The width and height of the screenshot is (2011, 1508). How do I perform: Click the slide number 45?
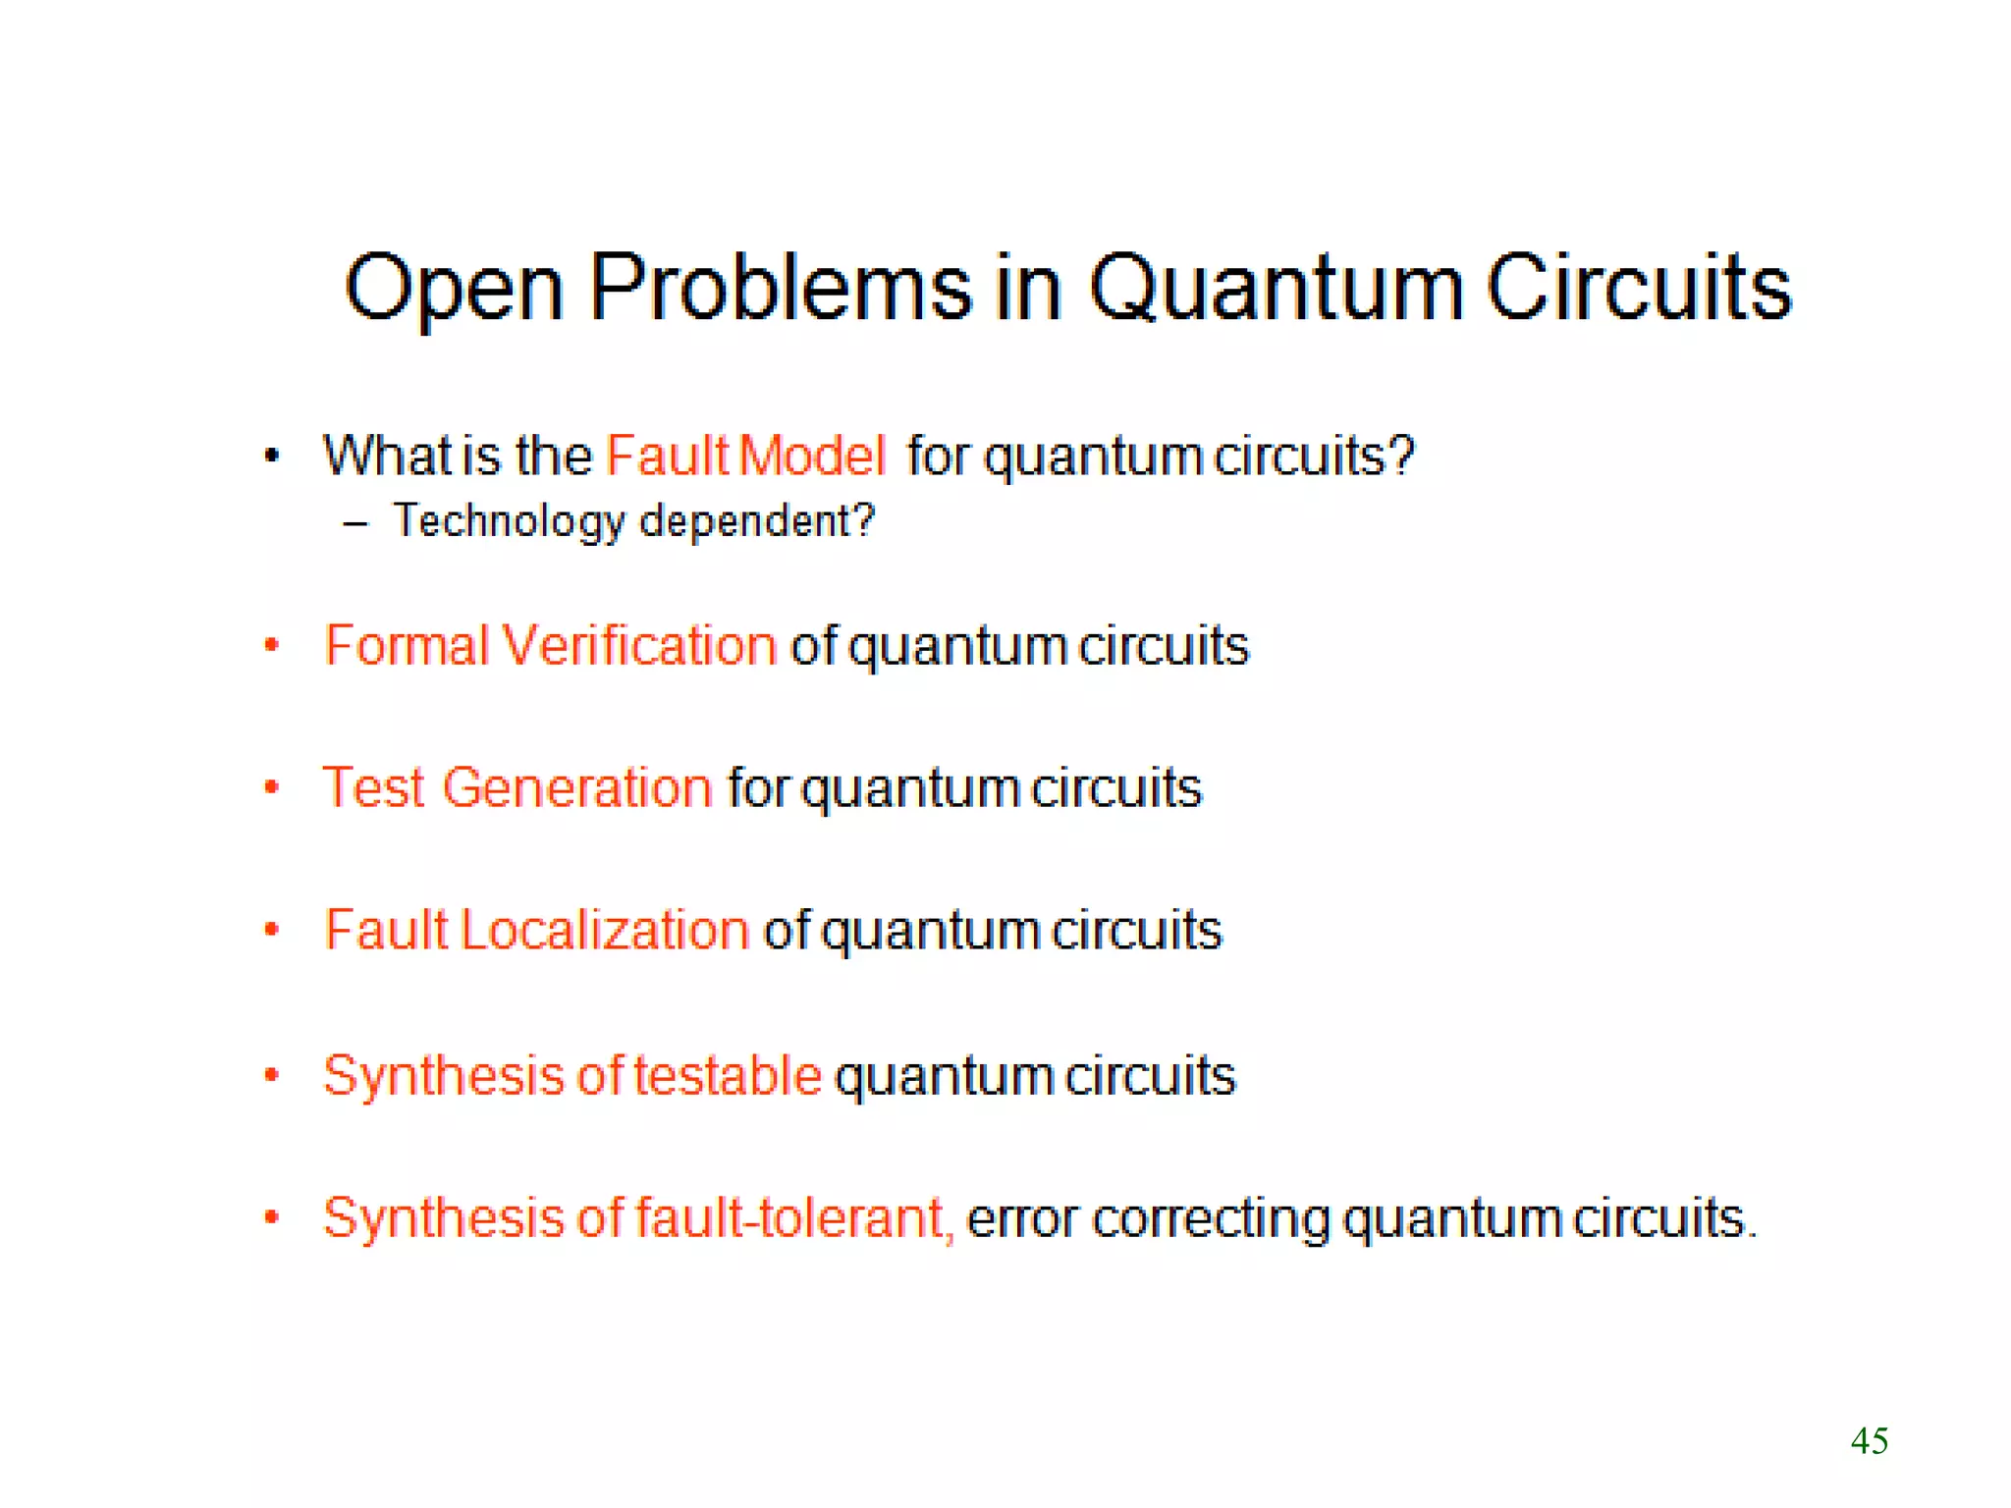[x=1869, y=1440]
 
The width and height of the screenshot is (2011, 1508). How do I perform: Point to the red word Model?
[x=812, y=456]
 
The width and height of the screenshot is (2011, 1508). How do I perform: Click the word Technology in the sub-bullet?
[x=509, y=521]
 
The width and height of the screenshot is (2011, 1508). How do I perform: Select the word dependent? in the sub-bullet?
[x=756, y=521]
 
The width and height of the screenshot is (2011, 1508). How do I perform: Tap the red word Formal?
[x=407, y=646]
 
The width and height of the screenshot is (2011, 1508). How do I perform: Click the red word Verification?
[x=639, y=646]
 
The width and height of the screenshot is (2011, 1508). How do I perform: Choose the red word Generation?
[x=577, y=787]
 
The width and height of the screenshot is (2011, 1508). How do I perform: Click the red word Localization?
[x=605, y=930]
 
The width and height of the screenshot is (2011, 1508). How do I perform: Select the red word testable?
[x=728, y=1075]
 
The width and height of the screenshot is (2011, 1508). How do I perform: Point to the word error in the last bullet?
[x=1022, y=1219]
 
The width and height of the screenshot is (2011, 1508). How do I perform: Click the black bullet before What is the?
[x=272, y=456]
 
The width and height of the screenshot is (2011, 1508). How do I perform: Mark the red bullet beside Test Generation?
[x=272, y=787]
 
